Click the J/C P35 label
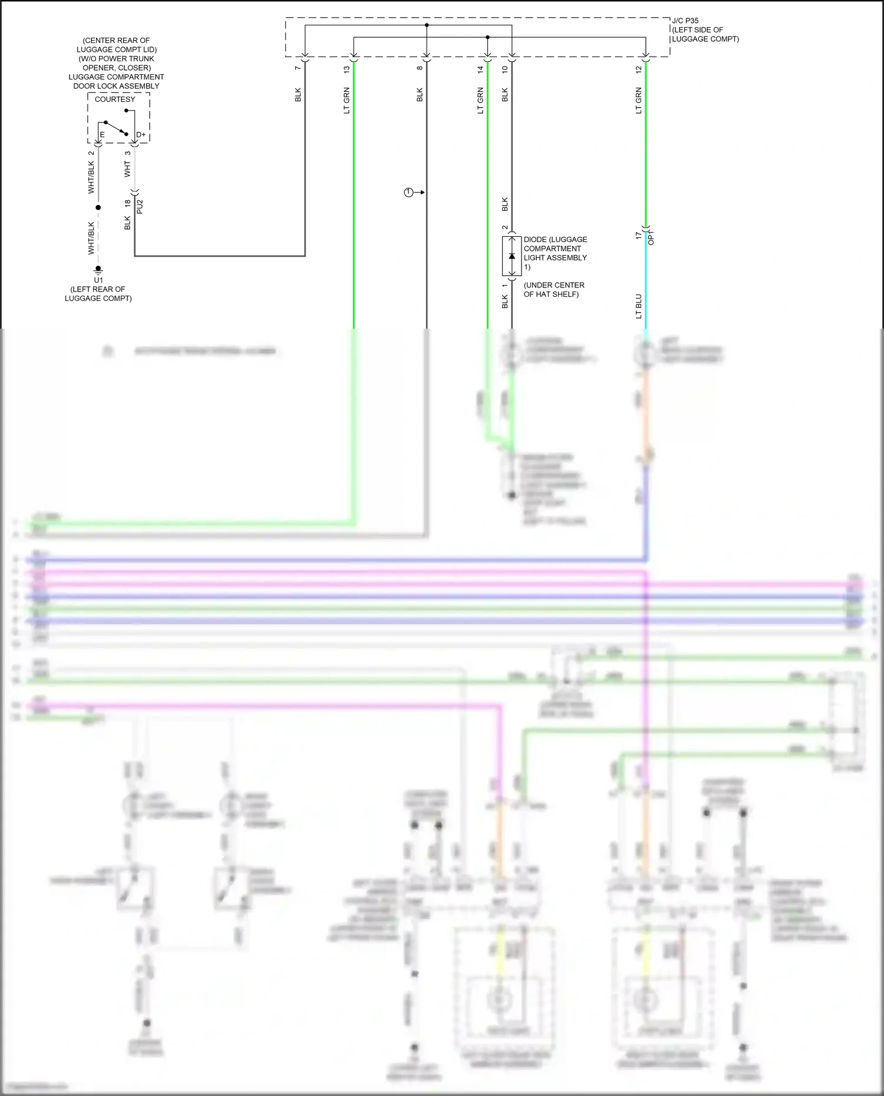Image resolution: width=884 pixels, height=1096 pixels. click(685, 21)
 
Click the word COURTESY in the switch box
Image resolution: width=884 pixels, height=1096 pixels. click(115, 100)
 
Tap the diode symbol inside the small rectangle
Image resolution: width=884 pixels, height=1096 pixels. click(512, 256)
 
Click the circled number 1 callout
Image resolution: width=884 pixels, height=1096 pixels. click(408, 193)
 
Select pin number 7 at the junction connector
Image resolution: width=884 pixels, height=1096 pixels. click(298, 68)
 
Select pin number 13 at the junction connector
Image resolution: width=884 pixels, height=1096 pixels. click(347, 69)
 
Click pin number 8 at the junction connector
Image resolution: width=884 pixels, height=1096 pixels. click(420, 68)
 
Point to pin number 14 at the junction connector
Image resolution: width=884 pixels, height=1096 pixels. click(480, 69)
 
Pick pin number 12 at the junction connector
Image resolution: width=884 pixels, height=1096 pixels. click(638, 69)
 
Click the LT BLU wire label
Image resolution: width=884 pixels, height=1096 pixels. click(638, 306)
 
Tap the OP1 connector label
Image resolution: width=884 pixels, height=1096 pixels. click(651, 237)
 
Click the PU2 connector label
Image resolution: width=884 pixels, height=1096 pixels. click(140, 207)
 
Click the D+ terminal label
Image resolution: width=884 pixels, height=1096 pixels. click(141, 135)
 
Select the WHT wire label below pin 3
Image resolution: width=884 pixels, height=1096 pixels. click(127, 169)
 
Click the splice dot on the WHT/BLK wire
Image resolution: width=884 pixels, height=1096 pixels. click(98, 207)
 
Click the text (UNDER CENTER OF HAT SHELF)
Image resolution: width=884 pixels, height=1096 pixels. click(553, 289)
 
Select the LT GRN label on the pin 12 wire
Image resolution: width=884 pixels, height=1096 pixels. click(638, 101)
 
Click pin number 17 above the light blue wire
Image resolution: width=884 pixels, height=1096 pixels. click(638, 235)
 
